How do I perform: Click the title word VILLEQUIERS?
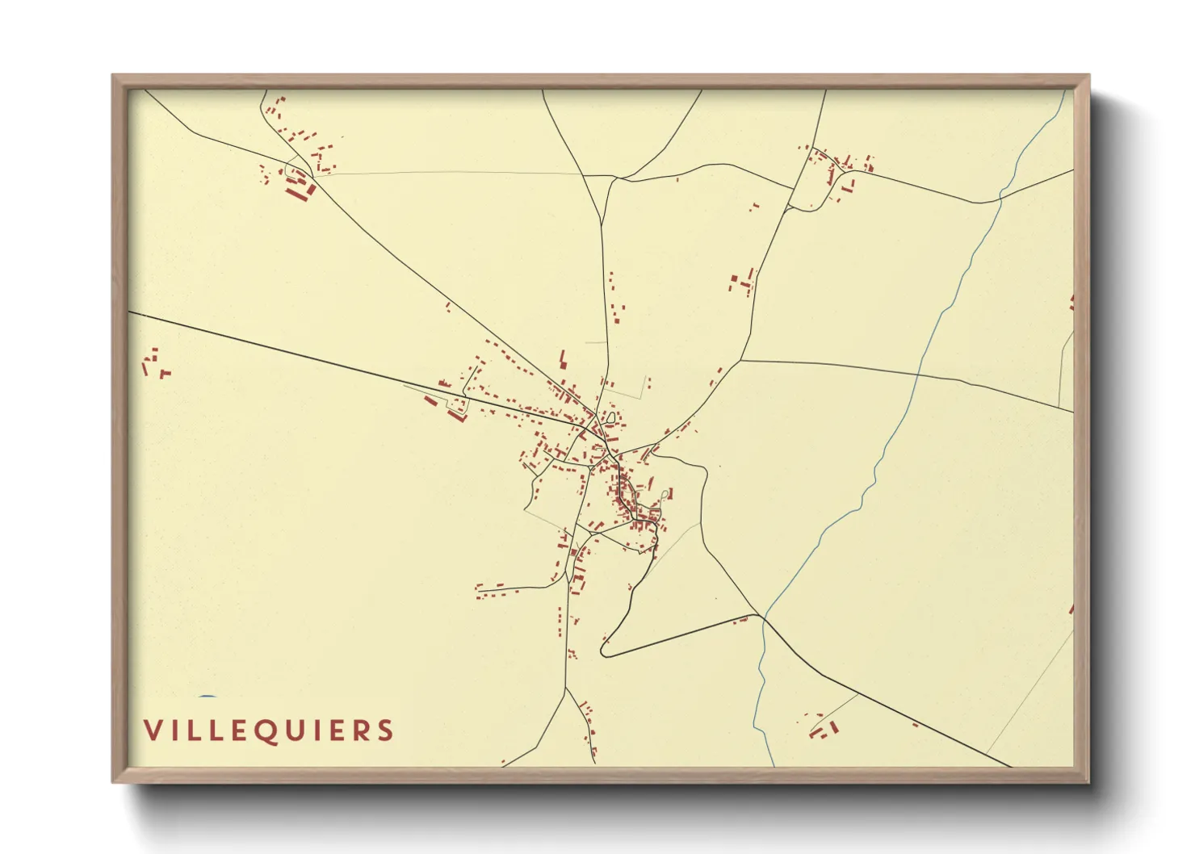(268, 731)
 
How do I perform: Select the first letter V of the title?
(152, 731)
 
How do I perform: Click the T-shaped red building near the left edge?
(166, 373)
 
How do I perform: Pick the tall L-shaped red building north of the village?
(563, 358)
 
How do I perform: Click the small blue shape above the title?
(208, 697)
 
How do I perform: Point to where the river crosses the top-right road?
(1001, 195)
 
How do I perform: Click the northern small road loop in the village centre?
(611, 419)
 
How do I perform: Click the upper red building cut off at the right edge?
(1071, 303)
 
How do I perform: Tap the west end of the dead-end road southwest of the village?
(477, 588)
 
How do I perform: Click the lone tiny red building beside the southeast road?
(915, 725)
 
